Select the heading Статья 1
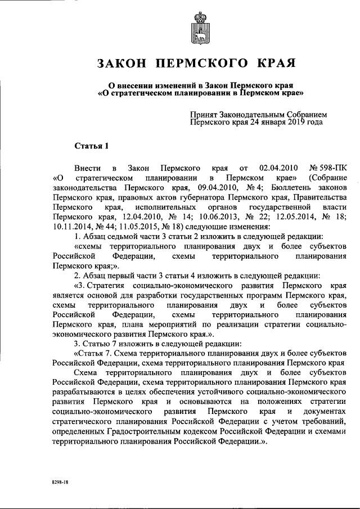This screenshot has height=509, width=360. click(92, 147)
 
